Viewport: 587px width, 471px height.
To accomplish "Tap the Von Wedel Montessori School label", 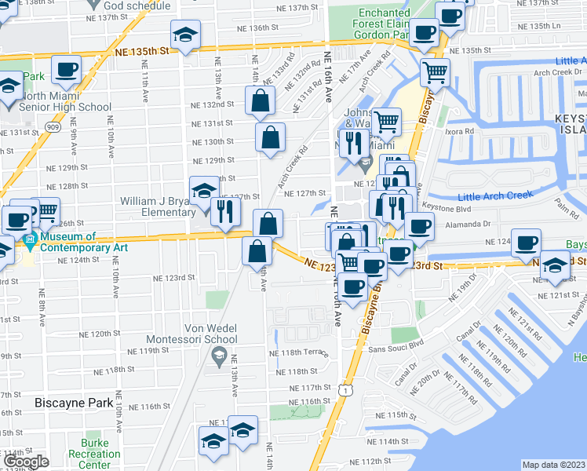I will pyautogui.click(x=210, y=334).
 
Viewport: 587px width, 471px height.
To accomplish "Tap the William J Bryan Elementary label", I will pyautogui.click(x=156, y=206).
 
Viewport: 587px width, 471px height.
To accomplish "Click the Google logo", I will pyautogui.click(x=26, y=462).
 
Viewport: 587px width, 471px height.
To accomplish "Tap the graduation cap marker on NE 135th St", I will pyautogui.click(x=186, y=35).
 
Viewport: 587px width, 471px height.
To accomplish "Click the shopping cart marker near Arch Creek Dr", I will pyautogui.click(x=434, y=74).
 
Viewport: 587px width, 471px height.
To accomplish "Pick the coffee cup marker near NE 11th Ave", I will pyautogui.click(x=67, y=71).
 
